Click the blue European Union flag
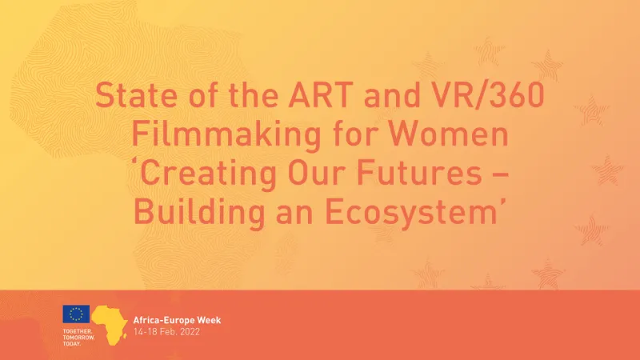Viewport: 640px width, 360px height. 77,315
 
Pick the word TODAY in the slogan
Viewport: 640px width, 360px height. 74,343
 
